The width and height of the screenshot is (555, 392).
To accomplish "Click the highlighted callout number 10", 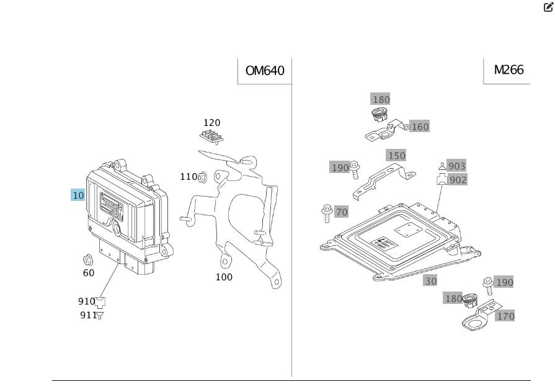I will [x=78, y=195].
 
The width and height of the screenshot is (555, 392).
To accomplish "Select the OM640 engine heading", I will [x=265, y=71].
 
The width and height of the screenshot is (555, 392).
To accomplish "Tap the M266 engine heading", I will [x=508, y=69].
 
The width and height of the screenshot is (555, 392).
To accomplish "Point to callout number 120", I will [x=211, y=123].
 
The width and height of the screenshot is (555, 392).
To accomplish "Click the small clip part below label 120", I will [x=211, y=136].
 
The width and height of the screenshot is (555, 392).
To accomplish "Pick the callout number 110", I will [x=188, y=177].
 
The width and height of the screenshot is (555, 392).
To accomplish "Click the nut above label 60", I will [x=88, y=259].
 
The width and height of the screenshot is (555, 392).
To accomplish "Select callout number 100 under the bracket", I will [x=224, y=277].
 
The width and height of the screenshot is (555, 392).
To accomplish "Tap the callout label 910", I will [x=86, y=301].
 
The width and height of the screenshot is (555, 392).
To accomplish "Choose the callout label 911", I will [x=88, y=315].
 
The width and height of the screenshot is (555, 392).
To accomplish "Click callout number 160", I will [x=420, y=127].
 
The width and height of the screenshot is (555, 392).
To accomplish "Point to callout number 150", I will [x=396, y=156].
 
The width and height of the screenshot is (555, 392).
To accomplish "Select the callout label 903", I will [x=456, y=166].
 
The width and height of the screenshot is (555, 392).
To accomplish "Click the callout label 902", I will [x=458, y=180].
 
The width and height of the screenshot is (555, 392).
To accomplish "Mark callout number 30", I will [x=430, y=281].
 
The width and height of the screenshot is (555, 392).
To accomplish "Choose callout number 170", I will [x=505, y=316].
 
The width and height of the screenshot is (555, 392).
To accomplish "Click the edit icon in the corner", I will [x=548, y=7].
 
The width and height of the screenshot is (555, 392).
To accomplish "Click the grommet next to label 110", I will [x=202, y=178].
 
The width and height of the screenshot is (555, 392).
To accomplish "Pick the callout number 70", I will [x=342, y=212].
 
